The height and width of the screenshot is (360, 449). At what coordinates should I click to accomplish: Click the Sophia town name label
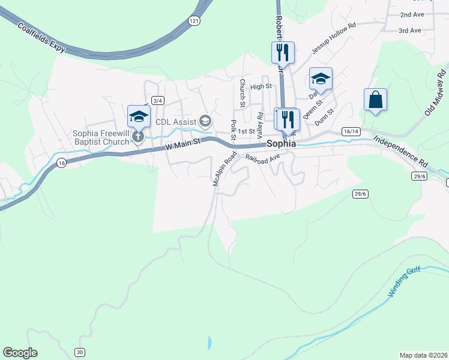click(281, 144)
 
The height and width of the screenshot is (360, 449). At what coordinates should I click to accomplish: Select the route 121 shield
click(193, 21)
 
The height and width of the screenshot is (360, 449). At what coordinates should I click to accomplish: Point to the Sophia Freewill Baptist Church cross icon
click(138, 136)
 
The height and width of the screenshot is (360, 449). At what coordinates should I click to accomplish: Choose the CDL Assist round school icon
click(205, 122)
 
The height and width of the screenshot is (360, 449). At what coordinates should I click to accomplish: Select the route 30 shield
click(80, 352)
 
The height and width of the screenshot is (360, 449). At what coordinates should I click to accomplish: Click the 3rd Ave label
click(411, 31)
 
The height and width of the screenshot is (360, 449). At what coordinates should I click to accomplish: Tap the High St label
click(261, 86)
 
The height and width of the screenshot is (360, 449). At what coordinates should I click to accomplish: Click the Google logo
click(20, 353)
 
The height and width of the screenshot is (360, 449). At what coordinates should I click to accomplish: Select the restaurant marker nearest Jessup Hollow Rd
click(282, 53)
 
